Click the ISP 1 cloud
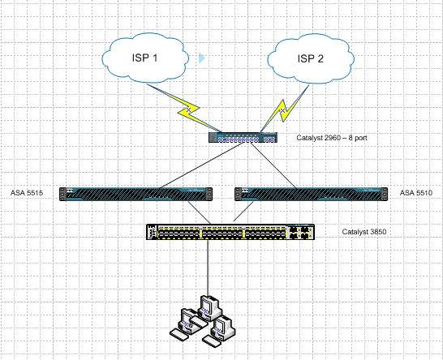(x=145, y=58)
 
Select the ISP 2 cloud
(x=311, y=58)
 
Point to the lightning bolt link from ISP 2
(x=284, y=109)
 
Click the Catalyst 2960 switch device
(x=243, y=138)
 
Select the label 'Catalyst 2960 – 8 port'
(x=332, y=138)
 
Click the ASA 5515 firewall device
(x=135, y=194)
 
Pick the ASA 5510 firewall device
(x=311, y=194)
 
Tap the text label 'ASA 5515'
(x=27, y=193)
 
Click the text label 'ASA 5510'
(x=416, y=193)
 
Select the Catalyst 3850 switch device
(x=230, y=232)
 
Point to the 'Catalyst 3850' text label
(x=363, y=232)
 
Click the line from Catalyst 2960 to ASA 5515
(x=201, y=165)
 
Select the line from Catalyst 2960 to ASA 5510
(x=273, y=165)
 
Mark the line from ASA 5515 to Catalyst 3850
(x=199, y=212)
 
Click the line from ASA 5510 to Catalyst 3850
(x=243, y=211)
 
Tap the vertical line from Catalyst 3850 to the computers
(x=208, y=268)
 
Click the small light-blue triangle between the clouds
(x=202, y=58)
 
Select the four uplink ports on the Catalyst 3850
(x=299, y=232)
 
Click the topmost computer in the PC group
(x=209, y=308)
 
